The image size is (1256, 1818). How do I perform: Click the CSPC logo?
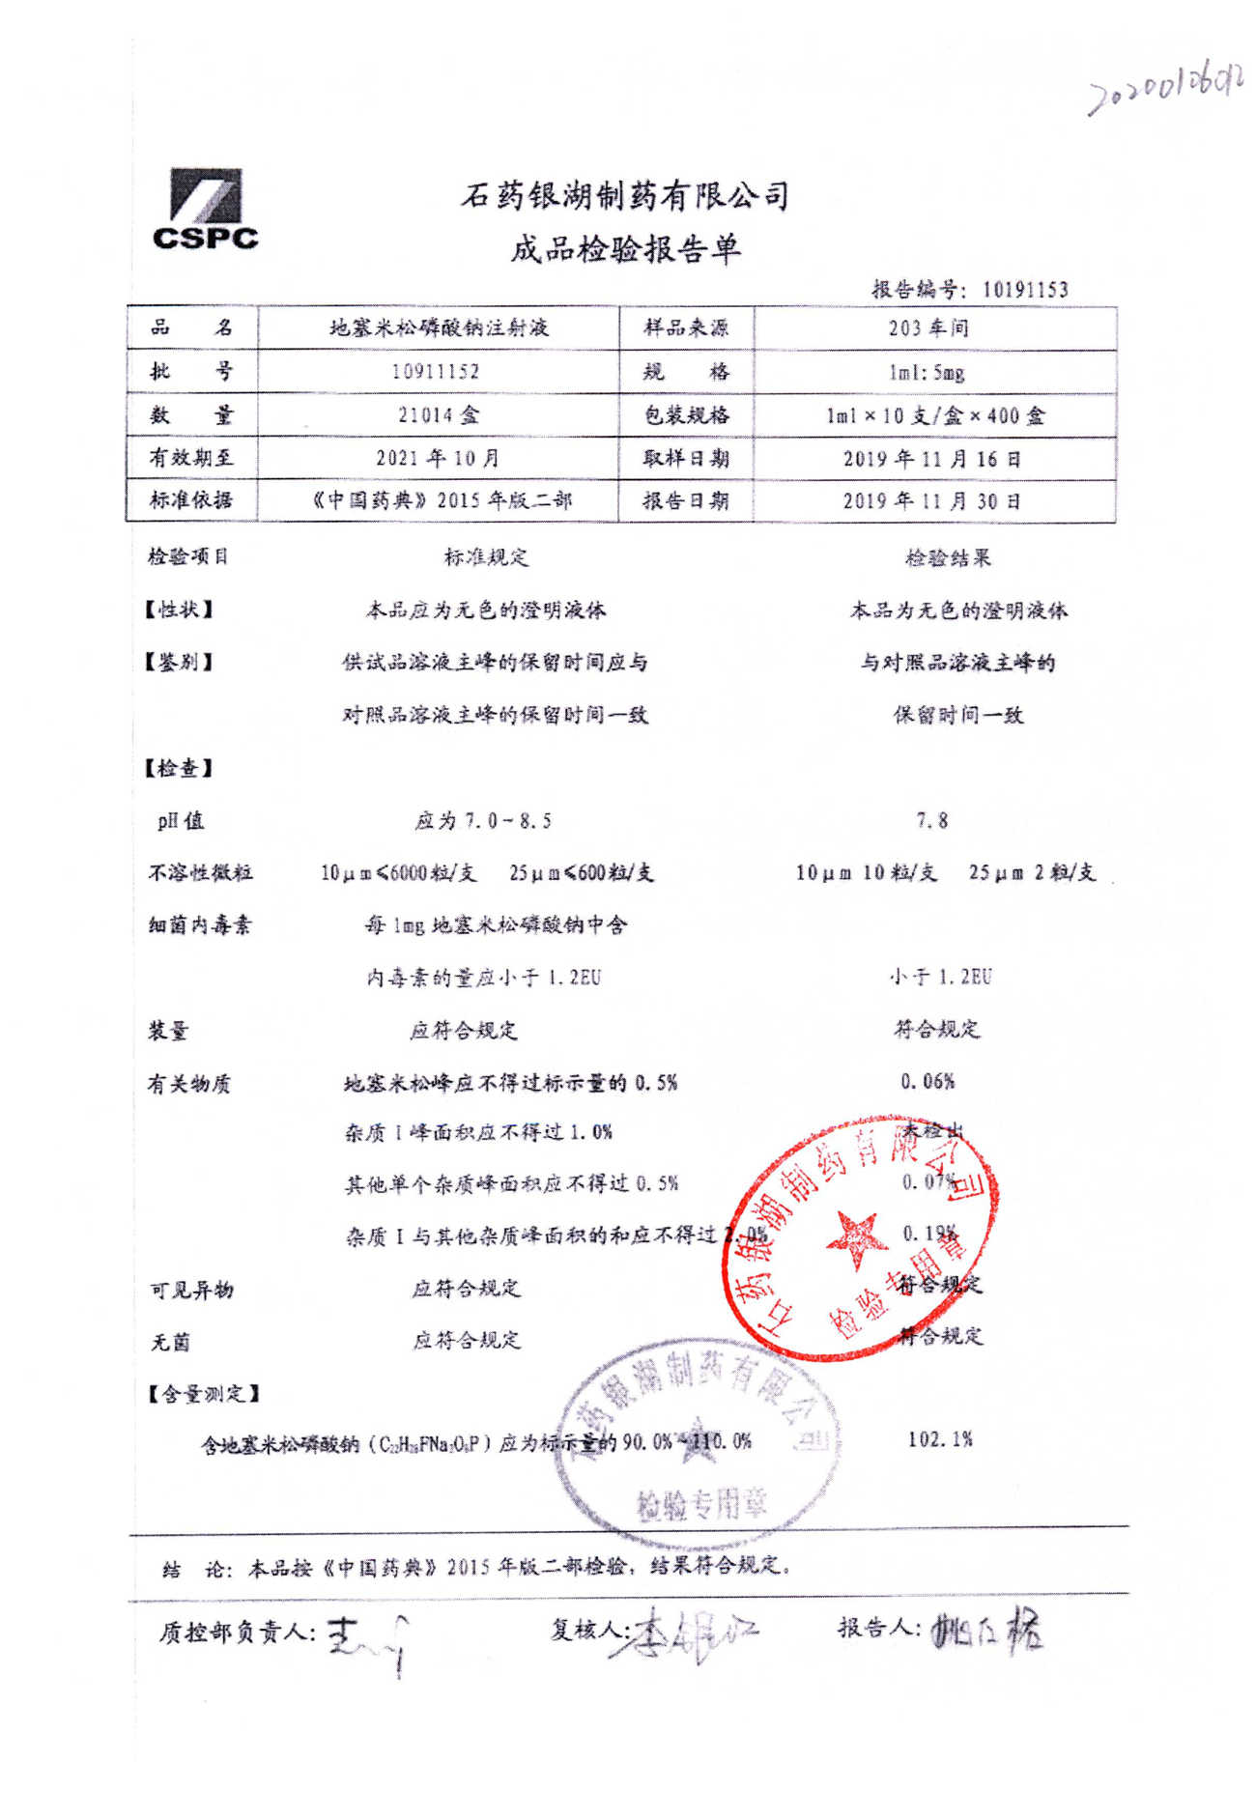click(x=205, y=211)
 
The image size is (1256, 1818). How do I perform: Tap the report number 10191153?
click(x=1024, y=289)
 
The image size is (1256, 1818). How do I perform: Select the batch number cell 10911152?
click(x=436, y=371)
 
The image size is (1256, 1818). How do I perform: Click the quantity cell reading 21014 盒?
click(x=438, y=415)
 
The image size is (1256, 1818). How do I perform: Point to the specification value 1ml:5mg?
click(x=927, y=372)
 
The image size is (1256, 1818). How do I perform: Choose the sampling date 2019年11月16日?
click(x=931, y=459)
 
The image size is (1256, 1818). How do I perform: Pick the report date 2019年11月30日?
click(x=931, y=500)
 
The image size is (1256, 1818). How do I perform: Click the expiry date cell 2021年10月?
click(x=438, y=458)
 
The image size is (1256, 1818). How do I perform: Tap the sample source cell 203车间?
click(x=928, y=327)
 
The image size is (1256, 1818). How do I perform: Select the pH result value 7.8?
click(x=932, y=820)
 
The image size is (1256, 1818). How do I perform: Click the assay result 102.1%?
click(x=939, y=1438)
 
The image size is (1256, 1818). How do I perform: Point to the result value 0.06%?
click(x=928, y=1081)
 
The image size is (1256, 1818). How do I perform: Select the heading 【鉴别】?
click(x=179, y=662)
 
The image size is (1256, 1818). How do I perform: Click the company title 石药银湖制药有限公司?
click(x=625, y=196)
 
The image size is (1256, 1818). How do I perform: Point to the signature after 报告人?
click(x=986, y=1631)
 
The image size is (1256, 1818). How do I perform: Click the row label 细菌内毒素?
click(x=199, y=924)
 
